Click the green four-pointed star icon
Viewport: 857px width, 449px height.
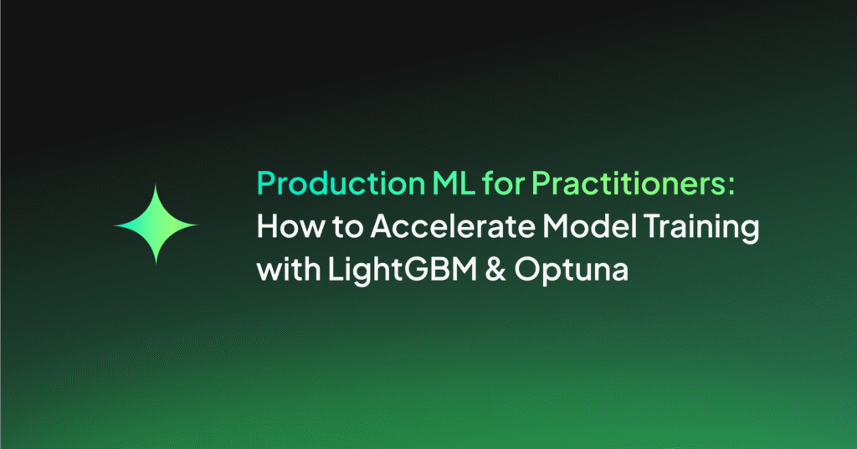point(156,224)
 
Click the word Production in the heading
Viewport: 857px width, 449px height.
point(341,183)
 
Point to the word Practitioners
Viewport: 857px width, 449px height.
point(629,183)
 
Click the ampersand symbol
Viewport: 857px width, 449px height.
point(495,270)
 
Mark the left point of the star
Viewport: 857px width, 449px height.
point(114,224)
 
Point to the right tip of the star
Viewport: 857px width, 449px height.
point(198,224)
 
